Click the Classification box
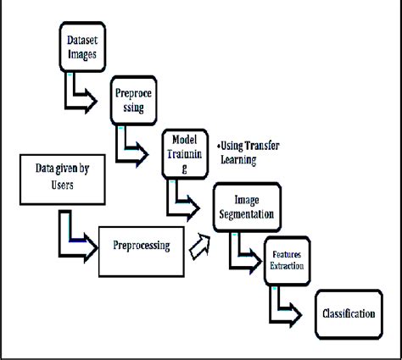[x=348, y=314]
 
